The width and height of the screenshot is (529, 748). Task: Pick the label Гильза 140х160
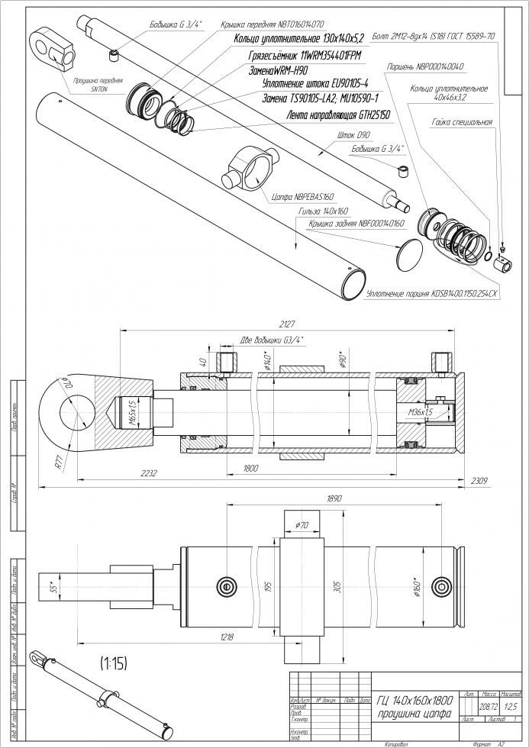pos(324,209)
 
